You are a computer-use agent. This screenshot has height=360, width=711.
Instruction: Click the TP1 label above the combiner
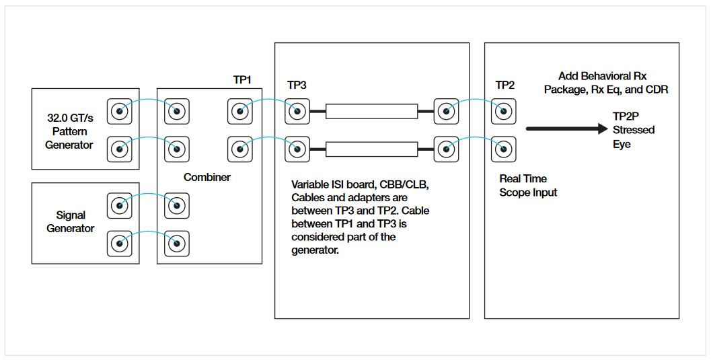[x=242, y=80]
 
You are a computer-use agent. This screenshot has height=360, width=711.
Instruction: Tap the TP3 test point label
[x=297, y=85]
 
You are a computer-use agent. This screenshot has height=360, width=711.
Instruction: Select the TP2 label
[x=505, y=85]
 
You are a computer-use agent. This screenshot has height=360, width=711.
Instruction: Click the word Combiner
[x=207, y=178]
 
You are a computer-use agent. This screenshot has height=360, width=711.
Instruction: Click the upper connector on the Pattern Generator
[x=120, y=110]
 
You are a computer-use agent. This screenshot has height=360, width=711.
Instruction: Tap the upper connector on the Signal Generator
[x=120, y=205]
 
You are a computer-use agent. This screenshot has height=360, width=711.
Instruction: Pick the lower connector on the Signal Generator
[x=120, y=242]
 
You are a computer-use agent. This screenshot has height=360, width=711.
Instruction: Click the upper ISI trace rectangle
[x=371, y=111]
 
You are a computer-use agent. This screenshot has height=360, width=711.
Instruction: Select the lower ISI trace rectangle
[x=371, y=148]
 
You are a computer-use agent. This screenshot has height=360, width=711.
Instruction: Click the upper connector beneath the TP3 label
[x=297, y=110]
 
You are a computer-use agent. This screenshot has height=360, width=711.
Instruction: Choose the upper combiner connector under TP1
[x=240, y=110]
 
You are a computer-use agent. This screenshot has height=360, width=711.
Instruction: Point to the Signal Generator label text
[x=70, y=222]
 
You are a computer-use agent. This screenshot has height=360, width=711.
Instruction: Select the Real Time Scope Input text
[x=528, y=186]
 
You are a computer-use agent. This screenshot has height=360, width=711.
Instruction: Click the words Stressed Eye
[x=633, y=137]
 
